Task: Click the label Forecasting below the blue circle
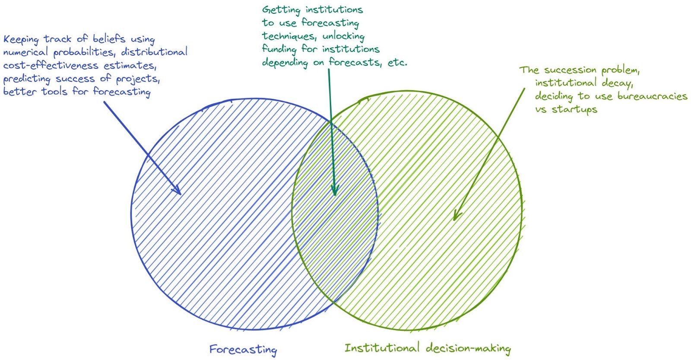click(x=243, y=349)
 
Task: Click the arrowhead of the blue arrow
click(x=178, y=191)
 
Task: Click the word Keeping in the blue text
click(x=21, y=39)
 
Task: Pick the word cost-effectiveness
click(x=51, y=66)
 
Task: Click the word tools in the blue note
click(x=54, y=92)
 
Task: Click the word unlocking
click(x=343, y=36)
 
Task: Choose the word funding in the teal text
click(x=279, y=49)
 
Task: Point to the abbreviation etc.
click(x=397, y=63)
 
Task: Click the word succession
click(x=570, y=70)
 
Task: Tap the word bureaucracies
click(x=652, y=96)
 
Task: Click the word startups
click(x=574, y=110)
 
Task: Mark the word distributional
click(x=154, y=52)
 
